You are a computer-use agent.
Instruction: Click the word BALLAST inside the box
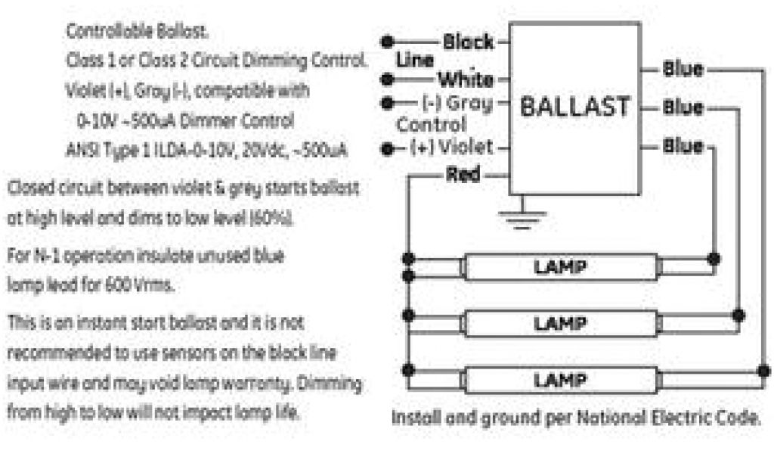coord(575,107)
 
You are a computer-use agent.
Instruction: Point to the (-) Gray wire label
coord(460,102)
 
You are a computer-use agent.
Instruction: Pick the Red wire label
coord(463,176)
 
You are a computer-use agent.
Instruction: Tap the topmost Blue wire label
coord(683,69)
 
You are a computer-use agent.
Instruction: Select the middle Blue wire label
coord(683,107)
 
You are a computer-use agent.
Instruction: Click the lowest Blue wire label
coord(683,145)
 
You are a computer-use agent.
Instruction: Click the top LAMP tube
coord(560,267)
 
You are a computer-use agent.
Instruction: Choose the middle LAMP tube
coord(560,322)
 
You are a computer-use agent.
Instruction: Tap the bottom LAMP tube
coord(560,378)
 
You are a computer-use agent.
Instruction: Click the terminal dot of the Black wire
coord(389,40)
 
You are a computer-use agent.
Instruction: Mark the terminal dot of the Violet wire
coord(389,148)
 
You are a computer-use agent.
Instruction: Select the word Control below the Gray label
coord(432,123)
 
